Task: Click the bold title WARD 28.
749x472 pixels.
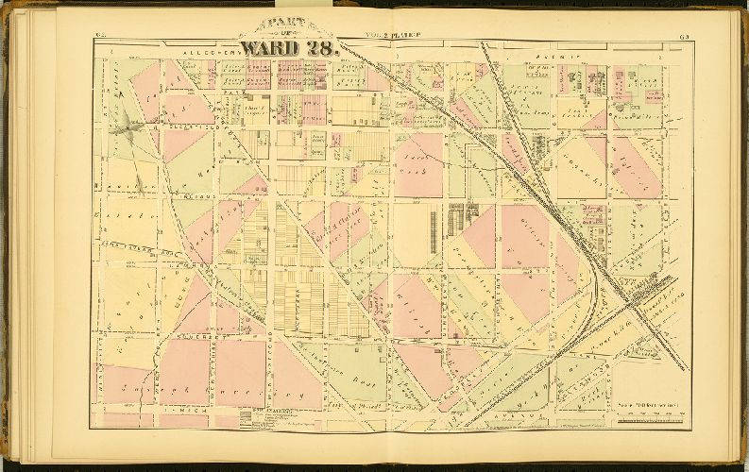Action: click(x=288, y=48)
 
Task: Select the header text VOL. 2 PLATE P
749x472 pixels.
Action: click(x=391, y=37)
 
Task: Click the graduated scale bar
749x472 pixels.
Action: click(x=643, y=421)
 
